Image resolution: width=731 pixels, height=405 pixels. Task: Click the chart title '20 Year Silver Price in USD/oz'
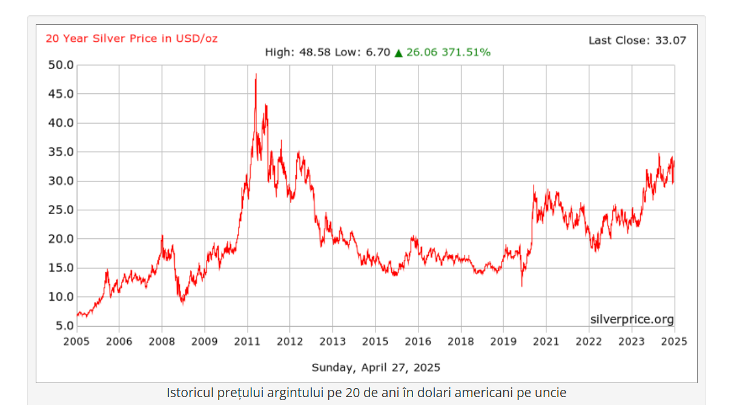(131, 38)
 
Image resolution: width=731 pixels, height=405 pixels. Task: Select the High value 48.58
(315, 53)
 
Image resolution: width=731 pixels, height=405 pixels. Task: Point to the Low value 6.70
(378, 53)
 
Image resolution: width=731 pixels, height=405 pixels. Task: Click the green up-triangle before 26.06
(399, 53)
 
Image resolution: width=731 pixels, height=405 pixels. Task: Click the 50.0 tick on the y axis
(61, 65)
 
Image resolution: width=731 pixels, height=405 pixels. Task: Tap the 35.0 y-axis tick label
(61, 152)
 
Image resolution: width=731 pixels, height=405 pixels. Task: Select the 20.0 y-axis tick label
(61, 239)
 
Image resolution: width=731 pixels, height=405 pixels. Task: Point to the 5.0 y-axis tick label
(64, 326)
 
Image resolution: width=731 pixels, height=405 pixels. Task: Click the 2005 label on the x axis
(76, 341)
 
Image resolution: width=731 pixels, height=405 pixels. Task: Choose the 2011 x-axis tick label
(247, 341)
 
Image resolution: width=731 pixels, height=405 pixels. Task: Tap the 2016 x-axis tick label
(418, 341)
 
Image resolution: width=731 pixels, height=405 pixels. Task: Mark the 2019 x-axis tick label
(503, 341)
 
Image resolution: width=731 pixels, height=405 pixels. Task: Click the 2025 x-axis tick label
(674, 341)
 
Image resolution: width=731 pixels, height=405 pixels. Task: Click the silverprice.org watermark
(632, 320)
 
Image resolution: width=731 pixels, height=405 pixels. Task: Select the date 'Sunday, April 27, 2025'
(375, 367)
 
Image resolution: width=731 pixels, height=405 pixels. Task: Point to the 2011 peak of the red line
(256, 75)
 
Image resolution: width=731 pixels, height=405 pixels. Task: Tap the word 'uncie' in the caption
(551, 393)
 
